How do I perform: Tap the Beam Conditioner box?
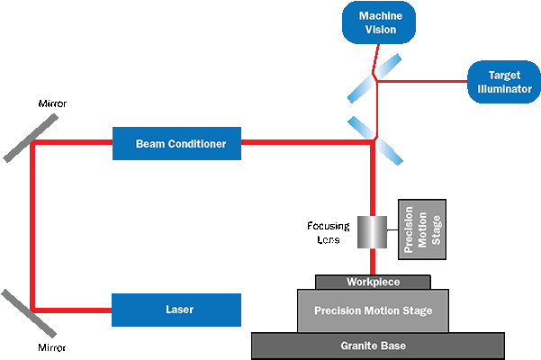pyautogui.click(x=177, y=143)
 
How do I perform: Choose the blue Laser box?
pyautogui.click(x=177, y=310)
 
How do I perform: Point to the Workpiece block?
pyautogui.click(x=372, y=283)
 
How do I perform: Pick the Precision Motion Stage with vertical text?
pyautogui.click(x=420, y=230)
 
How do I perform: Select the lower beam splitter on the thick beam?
pyautogui.click(x=375, y=139)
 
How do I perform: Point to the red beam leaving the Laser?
pyautogui.click(x=72, y=310)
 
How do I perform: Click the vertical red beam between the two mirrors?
pyautogui.click(x=32, y=225)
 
